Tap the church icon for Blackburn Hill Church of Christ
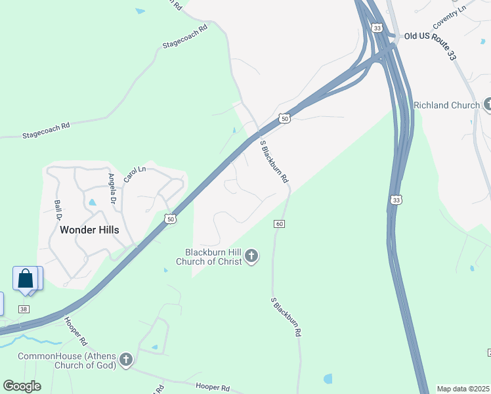click(251, 257)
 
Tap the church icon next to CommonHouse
click(126, 359)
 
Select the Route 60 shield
click(280, 224)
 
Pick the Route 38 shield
click(24, 309)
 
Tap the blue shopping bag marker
click(26, 278)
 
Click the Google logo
click(22, 386)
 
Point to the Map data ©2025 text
click(463, 389)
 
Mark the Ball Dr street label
click(58, 209)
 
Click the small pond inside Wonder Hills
click(92, 203)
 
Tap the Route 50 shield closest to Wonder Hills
click(170, 219)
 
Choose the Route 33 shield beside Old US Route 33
click(376, 28)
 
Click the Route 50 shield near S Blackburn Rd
click(283, 118)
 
